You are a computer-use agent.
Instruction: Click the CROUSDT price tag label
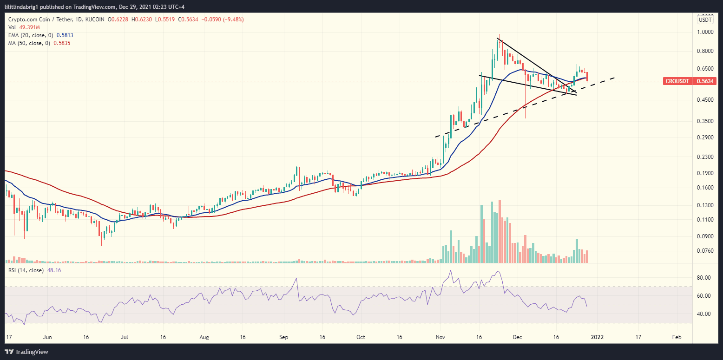[677, 81]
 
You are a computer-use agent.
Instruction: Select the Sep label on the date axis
[284, 336]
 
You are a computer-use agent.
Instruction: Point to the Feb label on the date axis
[677, 336]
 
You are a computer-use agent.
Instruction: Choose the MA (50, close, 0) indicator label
[28, 43]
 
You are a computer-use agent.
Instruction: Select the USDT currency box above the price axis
[705, 20]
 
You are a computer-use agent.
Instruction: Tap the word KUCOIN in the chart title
[95, 20]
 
